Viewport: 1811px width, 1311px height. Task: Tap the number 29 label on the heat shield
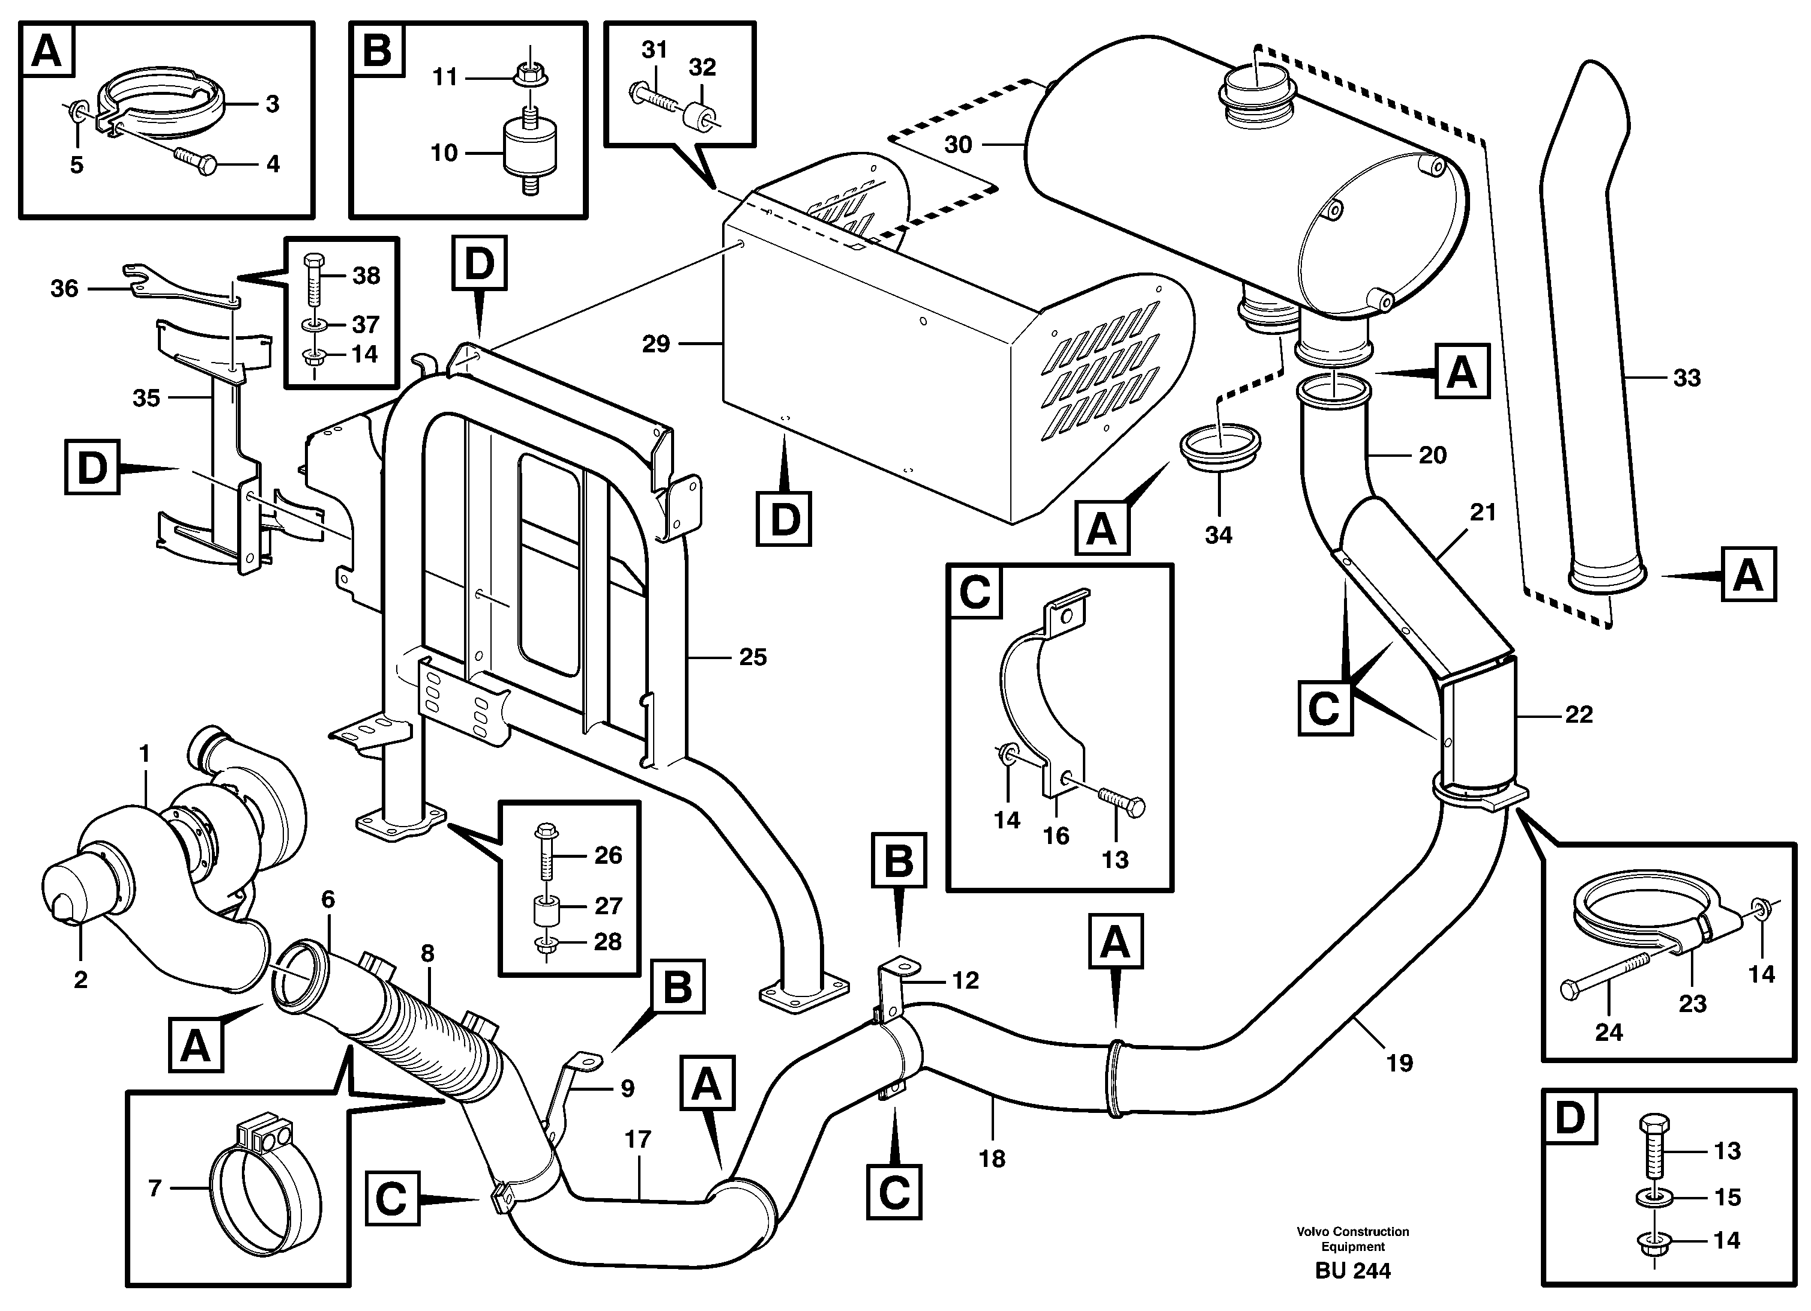click(655, 344)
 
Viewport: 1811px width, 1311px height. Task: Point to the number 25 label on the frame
click(752, 657)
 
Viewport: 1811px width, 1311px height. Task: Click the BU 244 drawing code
click(1352, 1270)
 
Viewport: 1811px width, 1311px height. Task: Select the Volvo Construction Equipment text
click(1352, 1238)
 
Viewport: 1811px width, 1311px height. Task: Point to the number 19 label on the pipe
click(1399, 1062)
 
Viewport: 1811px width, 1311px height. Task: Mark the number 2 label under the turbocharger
click(80, 980)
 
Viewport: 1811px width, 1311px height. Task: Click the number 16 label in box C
click(1056, 836)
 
